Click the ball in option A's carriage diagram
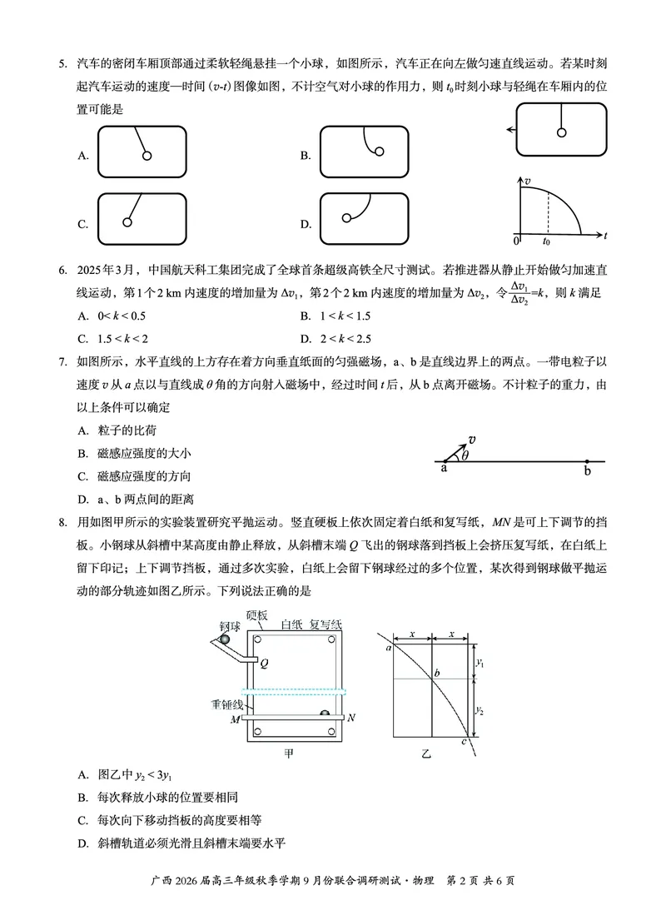coord(147,155)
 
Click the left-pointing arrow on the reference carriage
coord(509,130)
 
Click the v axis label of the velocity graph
coord(527,180)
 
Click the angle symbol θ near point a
coord(465,455)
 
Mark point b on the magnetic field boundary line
coord(588,461)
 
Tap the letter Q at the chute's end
coord(264,664)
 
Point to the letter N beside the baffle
coord(351,717)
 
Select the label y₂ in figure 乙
coord(480,709)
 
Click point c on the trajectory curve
coord(464,740)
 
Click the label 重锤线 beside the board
coord(226,704)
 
